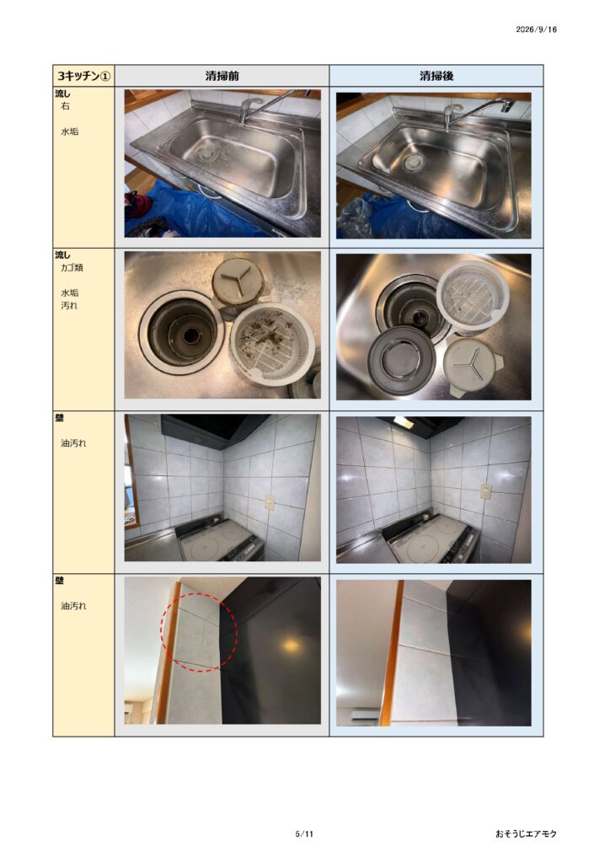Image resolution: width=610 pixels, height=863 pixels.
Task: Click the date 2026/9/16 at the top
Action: coord(536,29)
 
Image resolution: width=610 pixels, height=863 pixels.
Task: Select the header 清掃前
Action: coord(222,76)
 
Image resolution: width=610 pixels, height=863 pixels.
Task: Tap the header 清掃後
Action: coord(436,76)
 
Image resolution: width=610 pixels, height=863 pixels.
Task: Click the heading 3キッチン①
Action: coord(83,76)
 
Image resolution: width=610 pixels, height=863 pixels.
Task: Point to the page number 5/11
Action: coord(304,834)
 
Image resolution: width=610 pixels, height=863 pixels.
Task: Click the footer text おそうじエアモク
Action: coord(526,834)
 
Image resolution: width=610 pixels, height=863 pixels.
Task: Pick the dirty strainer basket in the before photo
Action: coord(272,342)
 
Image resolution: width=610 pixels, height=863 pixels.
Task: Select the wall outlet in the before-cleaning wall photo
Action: coord(270,502)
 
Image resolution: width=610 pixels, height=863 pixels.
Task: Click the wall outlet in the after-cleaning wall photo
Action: coord(485,491)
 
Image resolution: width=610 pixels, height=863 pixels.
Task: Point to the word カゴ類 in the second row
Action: coord(72,268)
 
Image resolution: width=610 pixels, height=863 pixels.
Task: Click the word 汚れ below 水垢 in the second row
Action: coord(69,305)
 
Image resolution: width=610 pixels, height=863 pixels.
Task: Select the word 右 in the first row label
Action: coord(65,106)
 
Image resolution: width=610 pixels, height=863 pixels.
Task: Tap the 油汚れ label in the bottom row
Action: coord(73,606)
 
